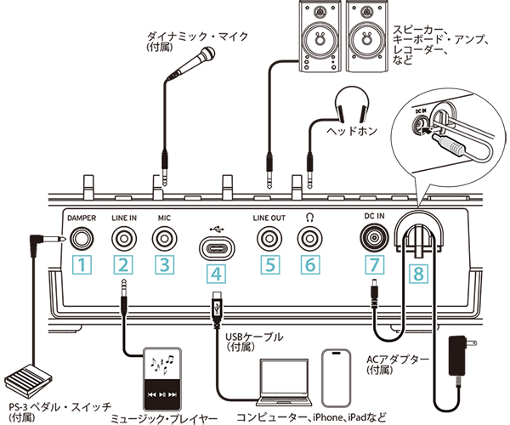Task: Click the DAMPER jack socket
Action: click(x=82, y=240)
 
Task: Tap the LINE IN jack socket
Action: click(x=125, y=240)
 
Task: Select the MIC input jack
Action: click(x=165, y=240)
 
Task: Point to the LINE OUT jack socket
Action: click(x=270, y=240)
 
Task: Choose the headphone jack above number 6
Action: click(x=309, y=240)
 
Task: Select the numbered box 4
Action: click(x=218, y=274)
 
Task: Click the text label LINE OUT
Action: click(x=270, y=218)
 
